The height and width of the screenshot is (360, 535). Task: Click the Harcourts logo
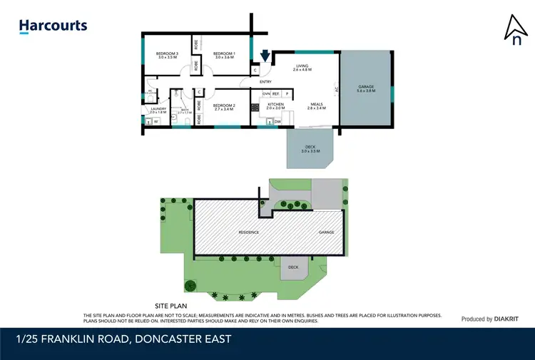(x=53, y=26)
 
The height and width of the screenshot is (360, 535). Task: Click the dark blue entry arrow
(x=265, y=55)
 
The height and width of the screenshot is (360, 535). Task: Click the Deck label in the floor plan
(x=307, y=149)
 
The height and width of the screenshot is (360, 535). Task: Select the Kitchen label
(x=275, y=106)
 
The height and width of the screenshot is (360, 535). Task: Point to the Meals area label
(x=316, y=106)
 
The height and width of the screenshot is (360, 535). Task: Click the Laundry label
(x=158, y=110)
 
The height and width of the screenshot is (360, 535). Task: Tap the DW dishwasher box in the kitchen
(x=277, y=122)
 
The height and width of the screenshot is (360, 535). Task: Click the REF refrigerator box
(x=275, y=93)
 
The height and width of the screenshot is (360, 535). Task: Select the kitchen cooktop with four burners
(x=254, y=107)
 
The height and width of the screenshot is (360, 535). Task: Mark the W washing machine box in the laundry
(x=156, y=122)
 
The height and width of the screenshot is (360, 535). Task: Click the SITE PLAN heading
(x=171, y=304)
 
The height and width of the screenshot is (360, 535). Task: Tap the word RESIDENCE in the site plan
(x=248, y=232)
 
